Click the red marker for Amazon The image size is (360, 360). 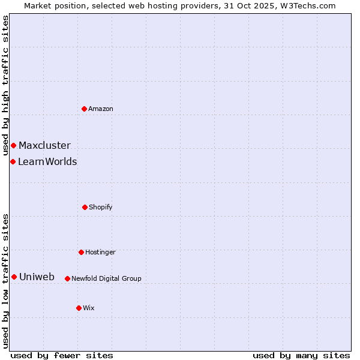tap(84, 109)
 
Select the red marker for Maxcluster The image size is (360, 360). tap(13, 145)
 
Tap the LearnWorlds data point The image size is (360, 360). tap(13, 161)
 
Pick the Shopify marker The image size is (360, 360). tap(85, 207)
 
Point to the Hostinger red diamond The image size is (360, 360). tap(81, 252)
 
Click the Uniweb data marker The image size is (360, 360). tap(14, 277)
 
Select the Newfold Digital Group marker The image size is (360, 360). tap(67, 278)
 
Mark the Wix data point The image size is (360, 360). tap(79, 308)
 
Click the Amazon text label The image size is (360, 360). tap(101, 109)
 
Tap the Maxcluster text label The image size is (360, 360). tap(44, 145)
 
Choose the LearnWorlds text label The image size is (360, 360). tap(47, 161)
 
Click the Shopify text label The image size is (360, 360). tap(101, 207)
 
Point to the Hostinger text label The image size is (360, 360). tap(100, 252)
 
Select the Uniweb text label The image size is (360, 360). tap(37, 277)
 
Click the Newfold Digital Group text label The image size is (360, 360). tap(106, 278)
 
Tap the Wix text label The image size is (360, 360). tap(89, 308)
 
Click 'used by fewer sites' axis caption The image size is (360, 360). tap(62, 355)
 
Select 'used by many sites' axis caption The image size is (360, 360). tap(301, 355)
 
